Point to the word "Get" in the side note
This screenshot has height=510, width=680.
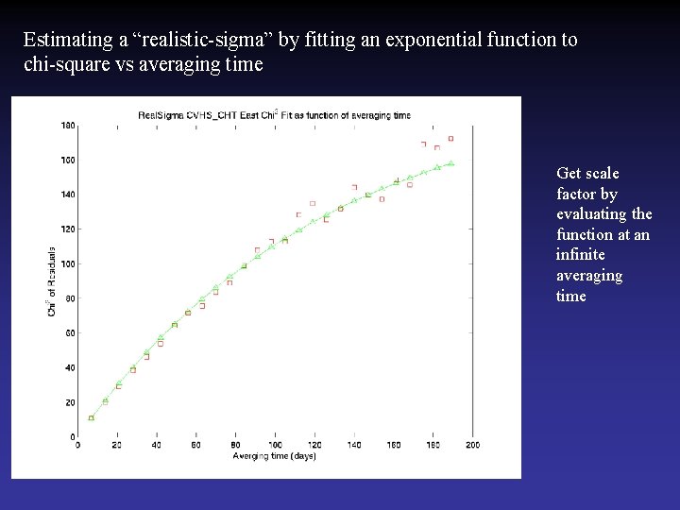[569, 173]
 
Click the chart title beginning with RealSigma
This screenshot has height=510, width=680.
[274, 115]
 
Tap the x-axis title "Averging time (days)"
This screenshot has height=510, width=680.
[274, 456]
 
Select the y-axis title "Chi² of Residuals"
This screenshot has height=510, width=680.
[52, 281]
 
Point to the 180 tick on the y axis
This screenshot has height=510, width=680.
[68, 125]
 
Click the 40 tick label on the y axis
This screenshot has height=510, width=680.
[70, 367]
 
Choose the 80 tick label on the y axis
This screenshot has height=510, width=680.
[70, 297]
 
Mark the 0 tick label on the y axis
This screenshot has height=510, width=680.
[73, 436]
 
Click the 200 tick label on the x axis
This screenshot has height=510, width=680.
[472, 446]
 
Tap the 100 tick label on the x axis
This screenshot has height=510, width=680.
[275, 446]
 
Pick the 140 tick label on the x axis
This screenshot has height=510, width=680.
[354, 446]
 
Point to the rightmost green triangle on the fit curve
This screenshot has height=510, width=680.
[451, 163]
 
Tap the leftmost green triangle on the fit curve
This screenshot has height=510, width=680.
[92, 417]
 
